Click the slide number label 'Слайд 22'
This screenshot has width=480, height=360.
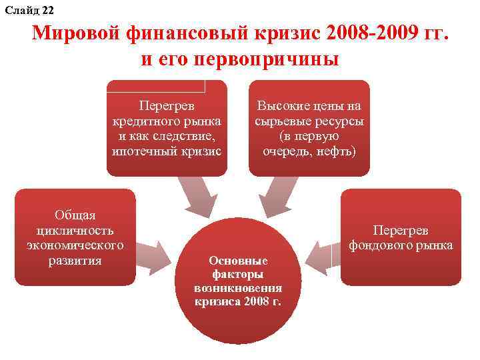pos(29,9)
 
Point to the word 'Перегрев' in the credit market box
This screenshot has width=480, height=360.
pos(167,105)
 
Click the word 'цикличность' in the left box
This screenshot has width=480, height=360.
pos(75,230)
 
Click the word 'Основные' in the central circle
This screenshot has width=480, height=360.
pos(238,260)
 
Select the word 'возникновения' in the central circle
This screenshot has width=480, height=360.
pos(238,288)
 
